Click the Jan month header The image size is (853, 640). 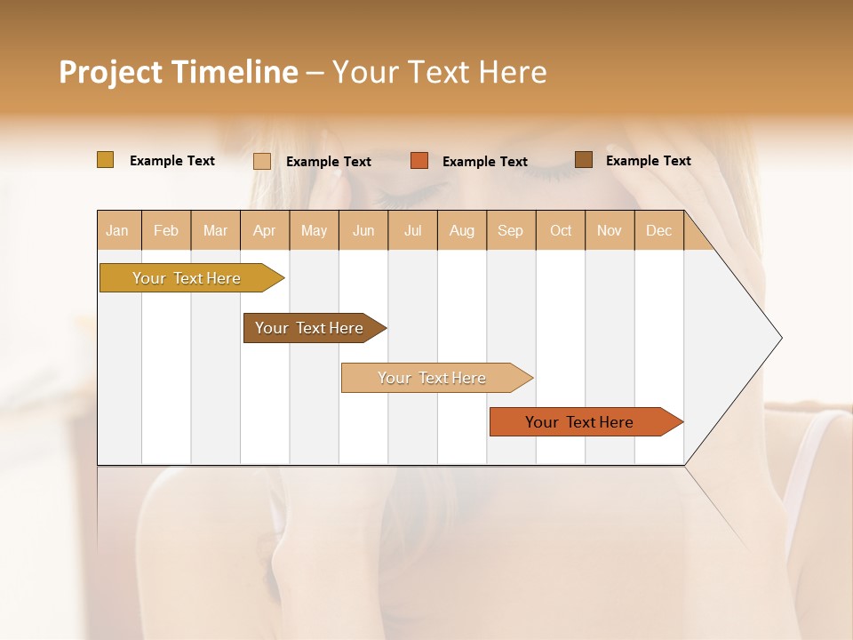click(x=117, y=231)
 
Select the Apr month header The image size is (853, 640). click(x=264, y=231)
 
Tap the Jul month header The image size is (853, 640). click(x=412, y=231)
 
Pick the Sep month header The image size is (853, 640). click(x=510, y=231)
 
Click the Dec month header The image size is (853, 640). click(x=658, y=231)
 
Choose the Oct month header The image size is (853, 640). click(x=561, y=231)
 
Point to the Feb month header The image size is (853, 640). click(x=166, y=231)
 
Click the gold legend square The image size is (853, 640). click(x=106, y=160)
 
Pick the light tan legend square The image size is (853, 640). click(x=262, y=161)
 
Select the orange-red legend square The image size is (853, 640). click(x=419, y=161)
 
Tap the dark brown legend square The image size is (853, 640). click(x=583, y=160)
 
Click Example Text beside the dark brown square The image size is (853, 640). click(x=648, y=161)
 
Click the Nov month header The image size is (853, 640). click(x=610, y=231)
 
